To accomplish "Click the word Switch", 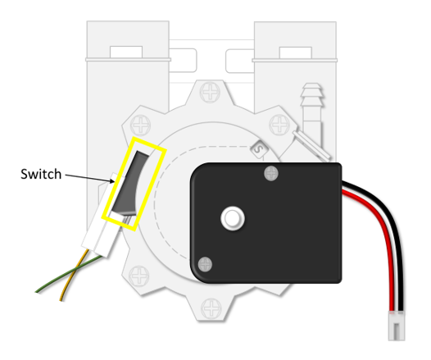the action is click(x=41, y=174).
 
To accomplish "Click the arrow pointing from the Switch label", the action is click(x=89, y=178).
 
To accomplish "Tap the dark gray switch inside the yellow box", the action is click(x=129, y=183).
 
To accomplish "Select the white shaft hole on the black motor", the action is click(x=233, y=218).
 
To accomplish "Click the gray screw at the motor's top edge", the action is click(x=271, y=174).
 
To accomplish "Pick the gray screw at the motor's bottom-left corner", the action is click(x=205, y=264).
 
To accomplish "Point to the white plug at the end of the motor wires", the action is click(x=397, y=326).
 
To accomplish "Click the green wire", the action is click(x=69, y=273).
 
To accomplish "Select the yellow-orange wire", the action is click(x=74, y=275).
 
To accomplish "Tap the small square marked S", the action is click(x=258, y=149).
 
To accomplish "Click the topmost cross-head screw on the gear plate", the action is click(x=210, y=92).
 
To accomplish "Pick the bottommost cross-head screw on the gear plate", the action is click(x=211, y=308).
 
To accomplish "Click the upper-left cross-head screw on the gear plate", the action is click(x=140, y=125).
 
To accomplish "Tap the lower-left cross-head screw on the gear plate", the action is click(x=139, y=276).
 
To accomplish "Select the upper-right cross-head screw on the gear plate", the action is click(x=279, y=125).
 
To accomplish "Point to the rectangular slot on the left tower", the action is click(x=126, y=52).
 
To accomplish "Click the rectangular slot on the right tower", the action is click(x=295, y=52).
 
